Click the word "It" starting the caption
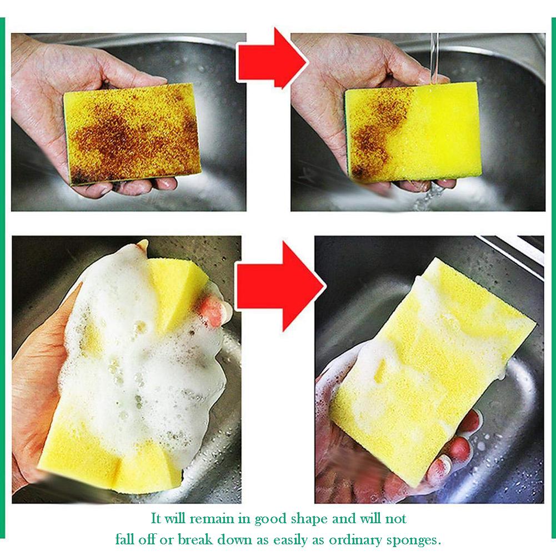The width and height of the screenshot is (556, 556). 157,519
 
